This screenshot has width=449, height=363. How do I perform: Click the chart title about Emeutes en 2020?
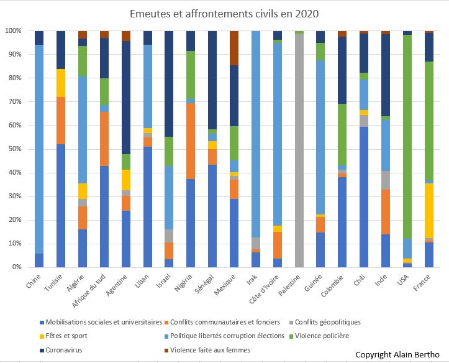pos(224,13)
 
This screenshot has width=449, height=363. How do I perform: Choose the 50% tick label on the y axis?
pos(14,149)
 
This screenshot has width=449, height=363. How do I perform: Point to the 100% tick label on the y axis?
pos(12,30)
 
